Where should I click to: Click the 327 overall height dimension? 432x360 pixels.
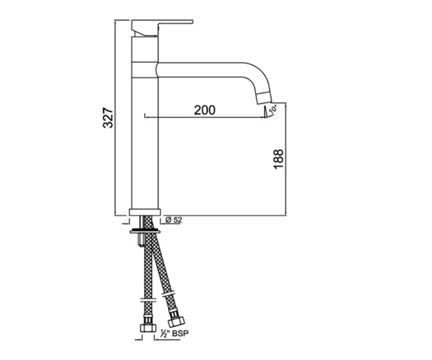[108, 117]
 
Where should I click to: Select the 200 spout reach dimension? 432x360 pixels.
[204, 110]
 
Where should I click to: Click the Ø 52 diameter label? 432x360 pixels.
[174, 220]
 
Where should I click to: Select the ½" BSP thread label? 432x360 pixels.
[175, 339]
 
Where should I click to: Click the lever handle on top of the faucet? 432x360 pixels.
[162, 28]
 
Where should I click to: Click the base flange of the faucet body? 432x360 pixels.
[145, 212]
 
